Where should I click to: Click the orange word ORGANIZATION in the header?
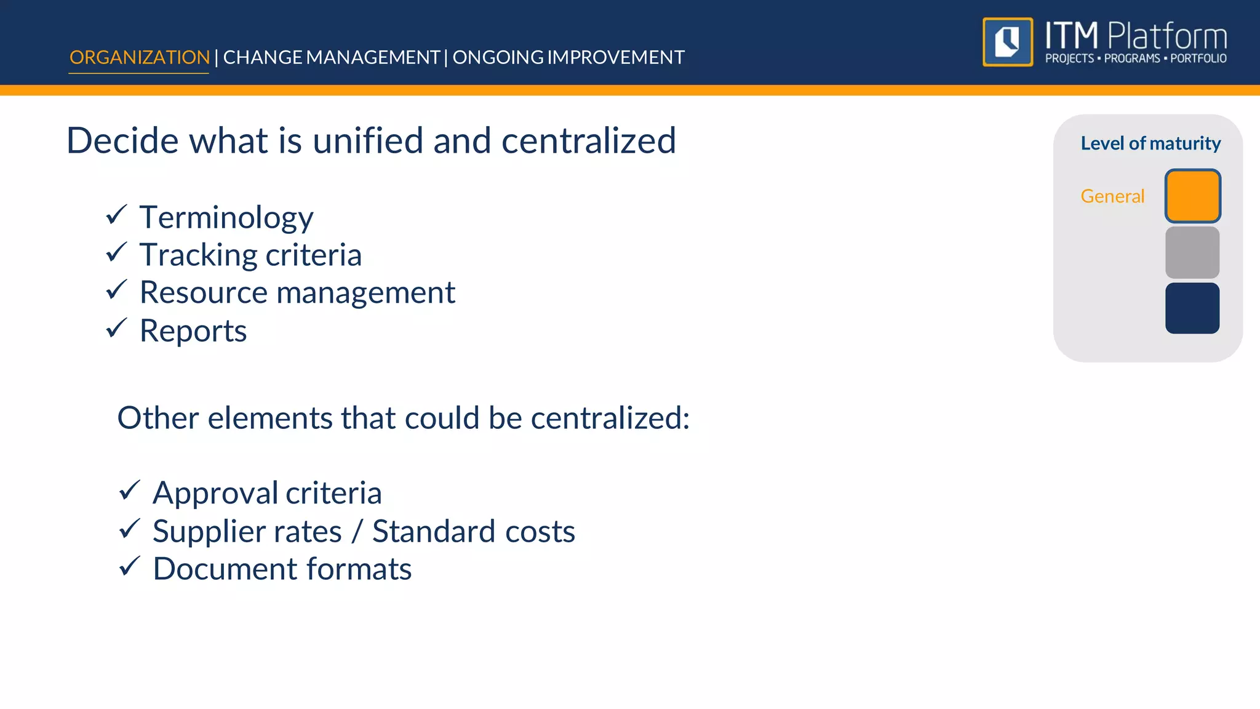(140, 57)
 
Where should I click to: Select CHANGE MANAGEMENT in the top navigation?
(331, 57)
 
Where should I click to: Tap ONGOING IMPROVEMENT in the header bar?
(568, 57)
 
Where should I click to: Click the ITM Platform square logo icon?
(1008, 42)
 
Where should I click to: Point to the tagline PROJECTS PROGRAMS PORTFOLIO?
(1136, 58)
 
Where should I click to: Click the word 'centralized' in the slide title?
(588, 140)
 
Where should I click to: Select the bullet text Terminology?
(226, 217)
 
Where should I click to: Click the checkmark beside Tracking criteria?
(116, 252)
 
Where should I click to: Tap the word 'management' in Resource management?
(366, 293)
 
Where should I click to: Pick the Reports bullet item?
(193, 330)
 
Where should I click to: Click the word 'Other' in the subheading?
(158, 418)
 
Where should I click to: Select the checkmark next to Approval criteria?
(130, 491)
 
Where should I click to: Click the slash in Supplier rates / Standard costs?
(357, 531)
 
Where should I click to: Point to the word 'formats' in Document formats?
(359, 569)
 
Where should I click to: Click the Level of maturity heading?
(1150, 143)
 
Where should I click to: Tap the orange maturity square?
(1192, 196)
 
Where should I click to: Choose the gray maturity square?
(1192, 252)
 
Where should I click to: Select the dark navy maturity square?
(1192, 308)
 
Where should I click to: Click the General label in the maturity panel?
(1112, 196)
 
